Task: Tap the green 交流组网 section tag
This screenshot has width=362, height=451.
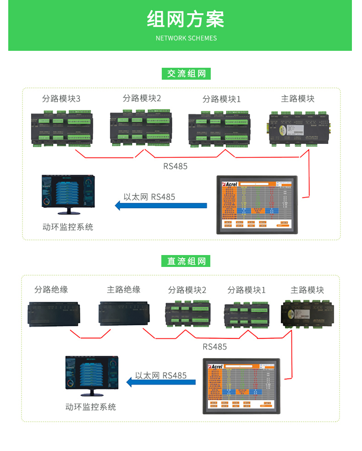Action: pos(186,74)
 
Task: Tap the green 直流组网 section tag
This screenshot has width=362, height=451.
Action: pos(186,261)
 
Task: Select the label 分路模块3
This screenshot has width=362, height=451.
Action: pos(61,99)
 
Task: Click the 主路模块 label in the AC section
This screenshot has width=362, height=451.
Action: pos(297,98)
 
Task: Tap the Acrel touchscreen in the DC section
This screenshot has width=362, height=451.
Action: pos(241,386)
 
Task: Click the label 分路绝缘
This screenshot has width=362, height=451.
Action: pos(51,289)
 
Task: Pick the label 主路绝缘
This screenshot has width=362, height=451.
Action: pos(123,289)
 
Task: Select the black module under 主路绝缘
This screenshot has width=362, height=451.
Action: pos(123,314)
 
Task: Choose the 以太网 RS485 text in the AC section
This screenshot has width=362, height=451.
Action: pos(149,197)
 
